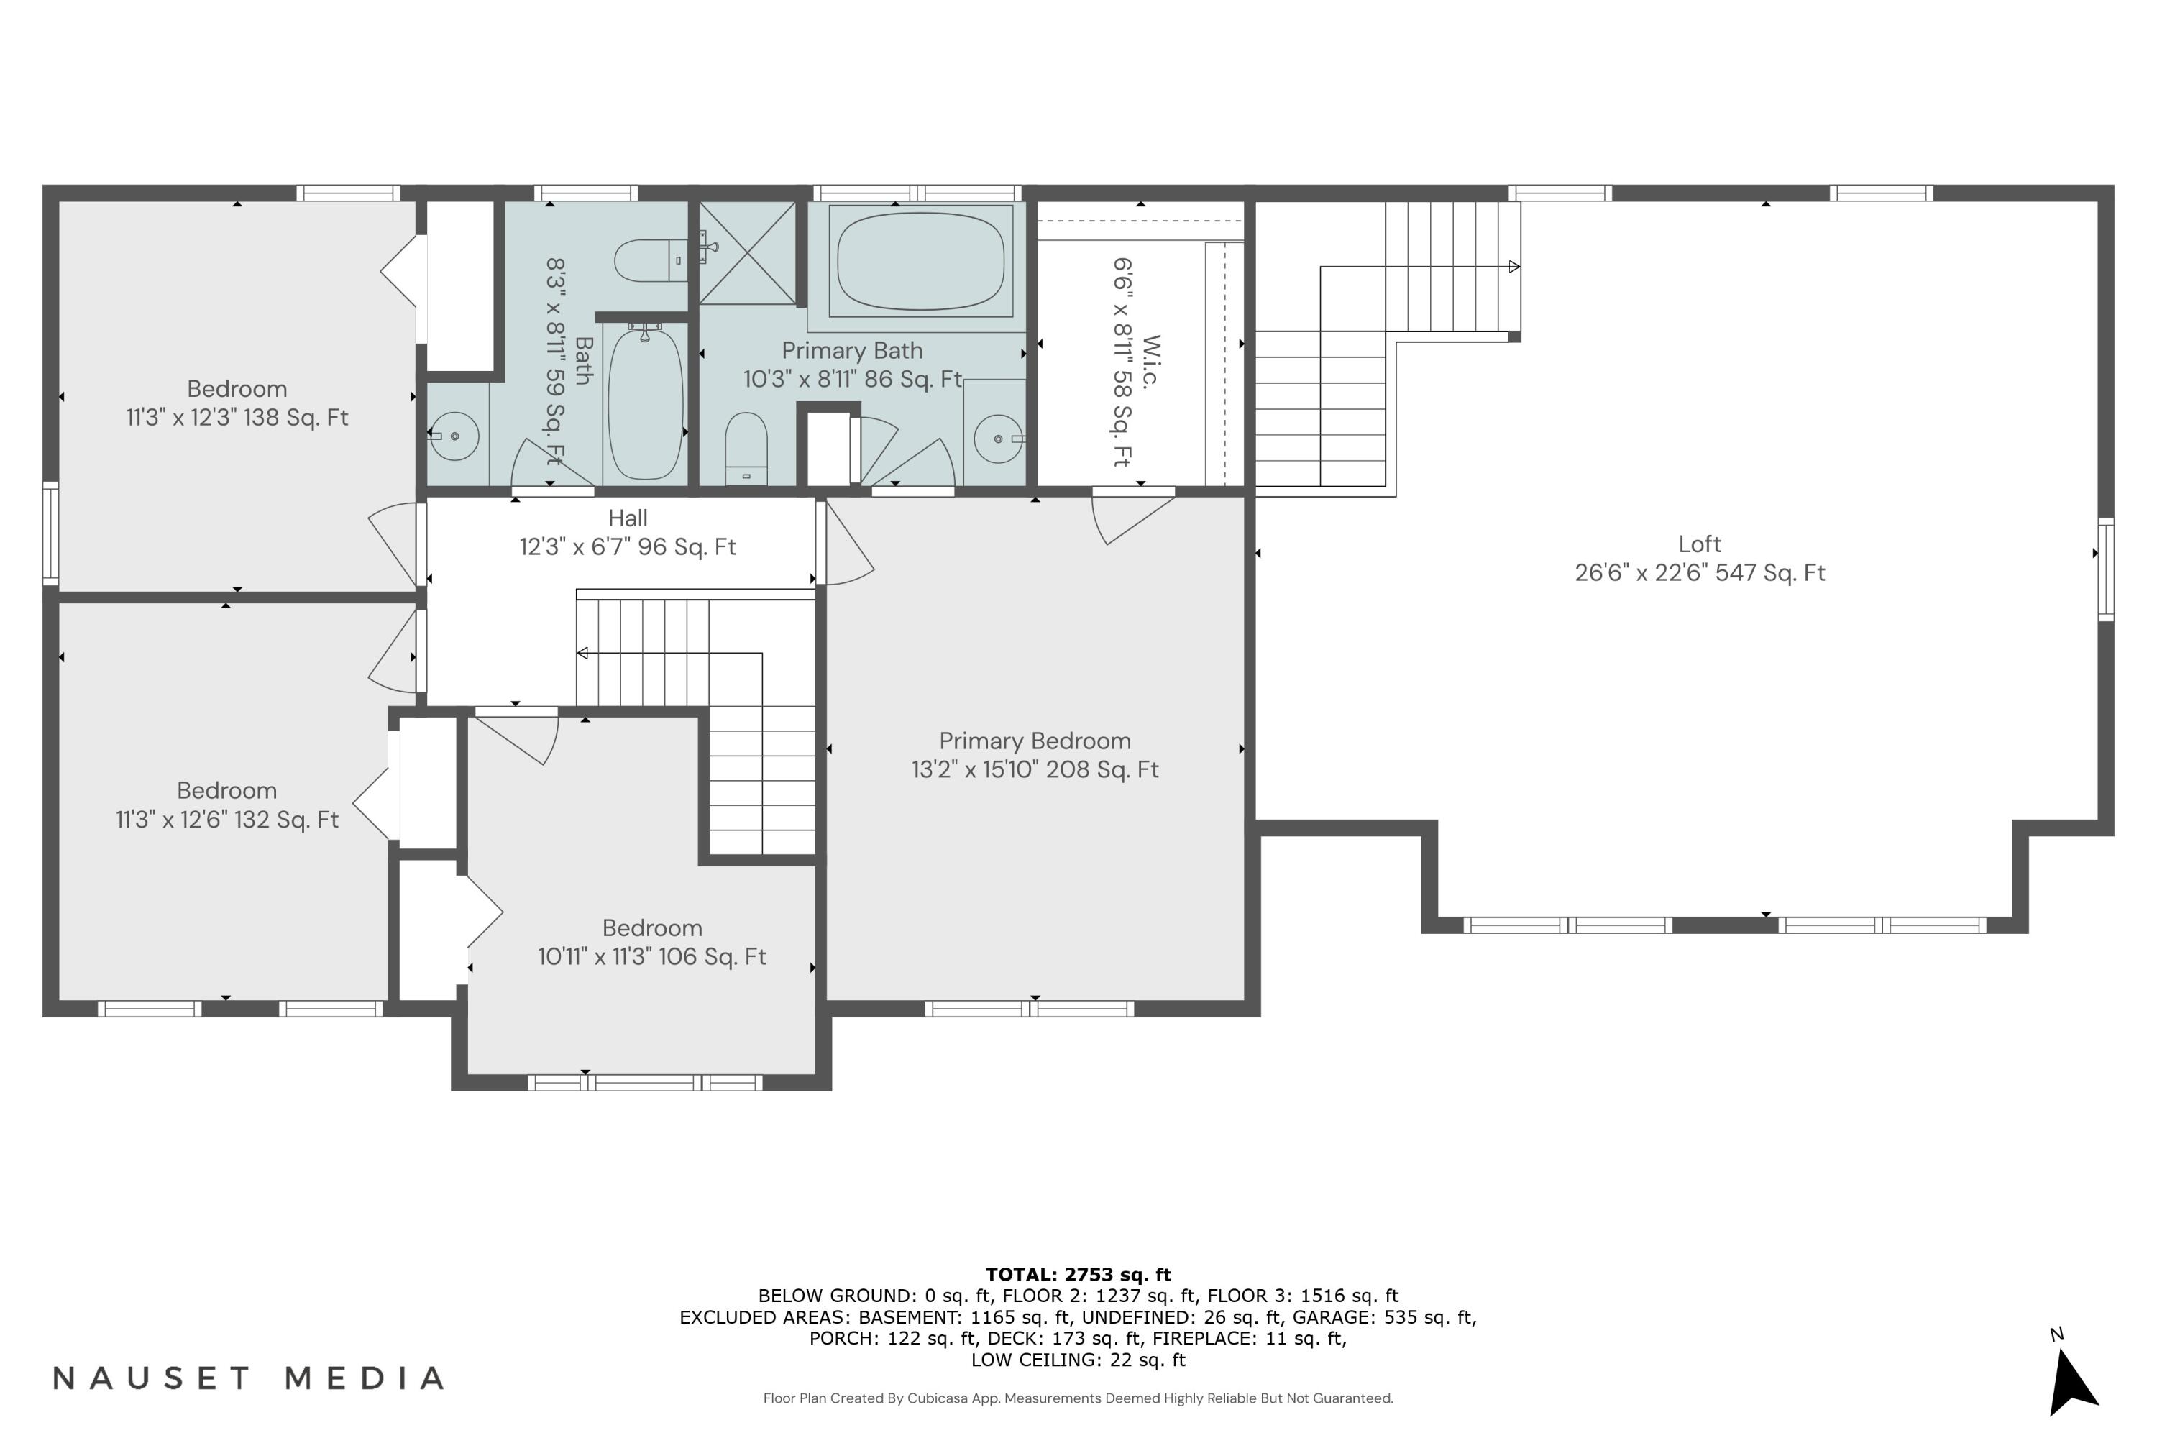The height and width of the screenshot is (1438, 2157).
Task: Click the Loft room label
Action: tap(1700, 544)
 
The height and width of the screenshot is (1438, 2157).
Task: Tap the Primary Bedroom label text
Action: tap(1035, 741)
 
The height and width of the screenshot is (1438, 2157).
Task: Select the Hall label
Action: tap(627, 518)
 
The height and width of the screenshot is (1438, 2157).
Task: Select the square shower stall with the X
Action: tap(748, 253)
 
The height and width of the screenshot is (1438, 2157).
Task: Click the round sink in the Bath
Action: tap(455, 436)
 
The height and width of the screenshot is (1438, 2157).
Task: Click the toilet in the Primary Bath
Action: tap(746, 447)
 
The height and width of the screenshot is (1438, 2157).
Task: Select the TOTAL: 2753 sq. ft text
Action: tap(1078, 1274)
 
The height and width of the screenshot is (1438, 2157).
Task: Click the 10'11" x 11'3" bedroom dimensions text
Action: tap(651, 956)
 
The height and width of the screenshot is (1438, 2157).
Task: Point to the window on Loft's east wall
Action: tap(2107, 569)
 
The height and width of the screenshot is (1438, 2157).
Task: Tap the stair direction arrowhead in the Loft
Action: tap(1514, 267)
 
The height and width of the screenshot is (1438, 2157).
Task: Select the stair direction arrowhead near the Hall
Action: tap(582, 653)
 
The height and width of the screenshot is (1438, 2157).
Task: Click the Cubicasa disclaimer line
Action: tap(1078, 1398)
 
